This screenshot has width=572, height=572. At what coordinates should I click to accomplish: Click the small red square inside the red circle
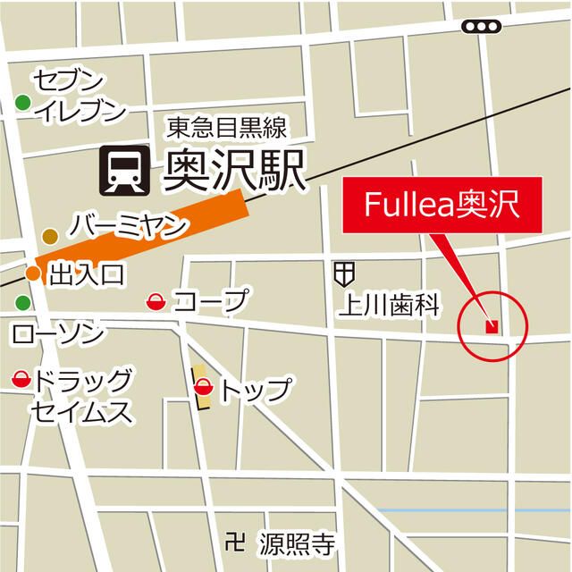coord(491,326)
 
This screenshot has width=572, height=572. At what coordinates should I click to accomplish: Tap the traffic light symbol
coord(482,28)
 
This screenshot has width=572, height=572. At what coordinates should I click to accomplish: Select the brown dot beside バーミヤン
coord(50,236)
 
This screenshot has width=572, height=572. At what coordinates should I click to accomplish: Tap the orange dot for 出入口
coord(33,273)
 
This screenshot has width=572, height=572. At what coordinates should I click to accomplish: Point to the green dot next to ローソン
coord(23,303)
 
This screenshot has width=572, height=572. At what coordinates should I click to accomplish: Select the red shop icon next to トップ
coord(203,388)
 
